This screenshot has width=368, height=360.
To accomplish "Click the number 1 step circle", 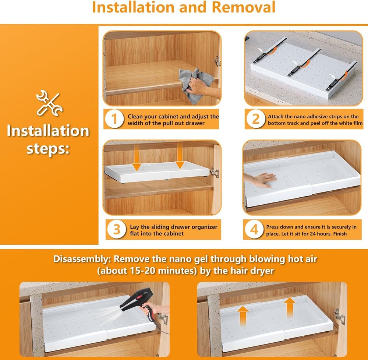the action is pos(114,119).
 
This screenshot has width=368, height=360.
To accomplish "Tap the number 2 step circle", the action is pos(256,119).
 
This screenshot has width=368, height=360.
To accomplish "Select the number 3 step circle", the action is pos(117,229).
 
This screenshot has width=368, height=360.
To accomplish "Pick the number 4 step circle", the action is pos(254,229).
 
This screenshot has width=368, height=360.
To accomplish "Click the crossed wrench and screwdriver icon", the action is pos(50,103).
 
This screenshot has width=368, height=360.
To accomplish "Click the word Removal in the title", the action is pos(243,7).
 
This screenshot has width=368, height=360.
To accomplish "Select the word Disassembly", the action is pos(81,259).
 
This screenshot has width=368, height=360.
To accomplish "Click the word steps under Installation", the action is pos(48,149).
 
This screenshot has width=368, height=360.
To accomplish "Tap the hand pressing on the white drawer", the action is pos(261,180).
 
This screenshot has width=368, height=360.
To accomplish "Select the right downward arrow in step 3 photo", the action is pos(180,155).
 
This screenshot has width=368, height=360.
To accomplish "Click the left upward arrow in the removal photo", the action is pos(243,316).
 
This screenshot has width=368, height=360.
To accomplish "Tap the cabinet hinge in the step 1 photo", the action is pos(217,61).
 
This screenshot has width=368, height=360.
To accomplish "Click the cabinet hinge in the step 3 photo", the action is pos(214,173).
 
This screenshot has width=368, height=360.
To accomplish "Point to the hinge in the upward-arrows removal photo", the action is pos(340,316).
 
